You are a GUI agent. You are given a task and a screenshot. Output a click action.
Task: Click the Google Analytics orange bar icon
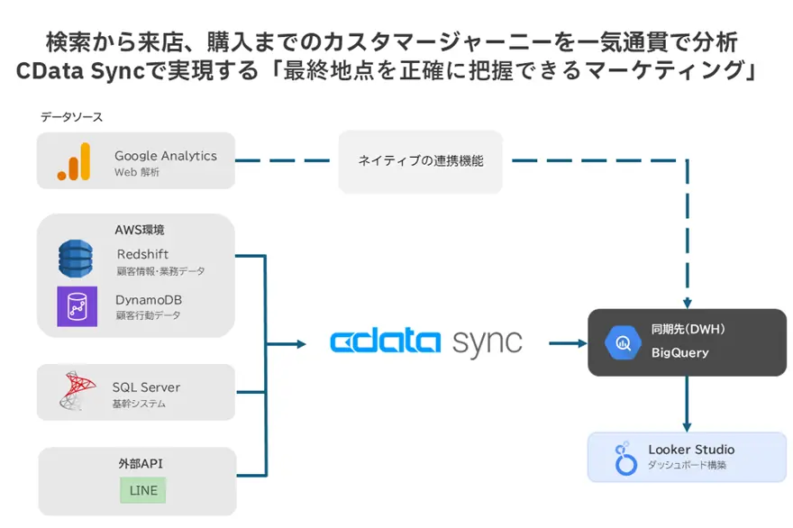point(74,162)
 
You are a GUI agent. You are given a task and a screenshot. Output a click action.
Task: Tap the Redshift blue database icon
point(76,259)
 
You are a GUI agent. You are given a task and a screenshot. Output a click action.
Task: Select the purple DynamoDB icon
point(77,306)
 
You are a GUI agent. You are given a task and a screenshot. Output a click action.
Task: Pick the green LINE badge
point(143,491)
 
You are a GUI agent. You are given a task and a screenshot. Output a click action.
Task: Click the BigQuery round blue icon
point(623,342)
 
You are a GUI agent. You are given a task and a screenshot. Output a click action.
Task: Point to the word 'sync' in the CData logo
point(487,342)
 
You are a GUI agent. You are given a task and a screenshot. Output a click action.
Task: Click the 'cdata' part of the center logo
point(385,342)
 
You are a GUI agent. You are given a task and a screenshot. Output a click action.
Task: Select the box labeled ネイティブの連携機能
point(421,161)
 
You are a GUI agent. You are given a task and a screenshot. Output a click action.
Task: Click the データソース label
point(71,117)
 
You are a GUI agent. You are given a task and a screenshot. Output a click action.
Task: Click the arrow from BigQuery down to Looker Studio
point(688,405)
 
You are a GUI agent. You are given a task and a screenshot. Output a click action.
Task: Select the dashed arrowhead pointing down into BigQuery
point(688,303)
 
